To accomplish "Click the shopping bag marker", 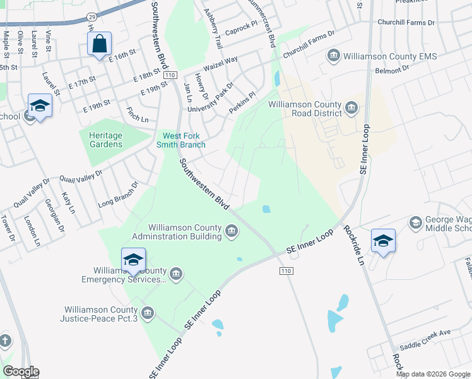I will [100, 44].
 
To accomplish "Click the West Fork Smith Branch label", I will [184, 140].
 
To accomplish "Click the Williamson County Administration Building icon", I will [232, 232].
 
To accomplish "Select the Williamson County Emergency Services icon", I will [176, 274].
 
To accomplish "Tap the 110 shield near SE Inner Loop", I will [286, 270].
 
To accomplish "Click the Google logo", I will [20, 371].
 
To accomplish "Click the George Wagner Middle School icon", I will [415, 222].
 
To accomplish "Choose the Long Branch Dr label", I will [118, 196].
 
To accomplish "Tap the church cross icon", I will [6, 341].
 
